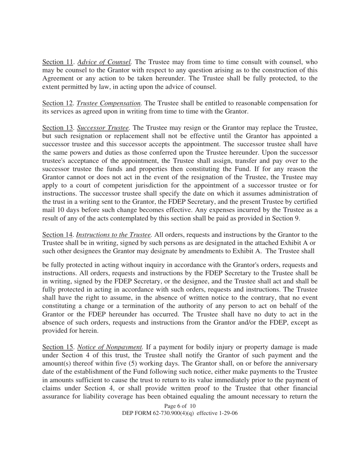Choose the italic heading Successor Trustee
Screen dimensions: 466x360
(x=104, y=128)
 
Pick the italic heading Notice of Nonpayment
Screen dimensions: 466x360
(x=110, y=347)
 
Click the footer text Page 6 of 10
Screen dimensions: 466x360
(x=180, y=406)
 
